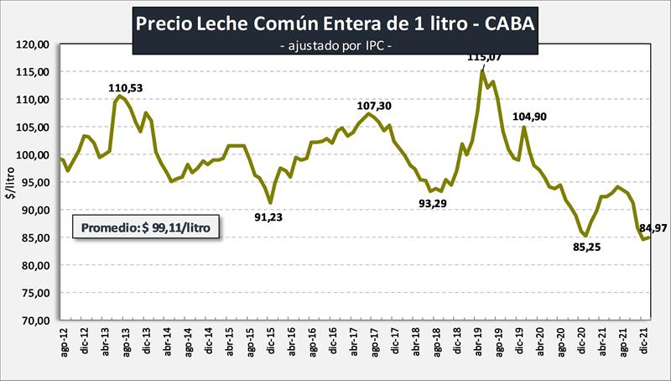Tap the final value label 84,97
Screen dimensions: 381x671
pos(653,227)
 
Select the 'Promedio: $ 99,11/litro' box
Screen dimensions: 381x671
pos(147,227)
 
